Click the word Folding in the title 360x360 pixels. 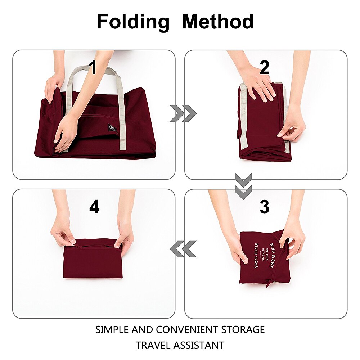click(133, 22)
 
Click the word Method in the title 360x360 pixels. click(218, 22)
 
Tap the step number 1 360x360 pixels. click(93, 67)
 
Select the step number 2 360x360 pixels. click(265, 67)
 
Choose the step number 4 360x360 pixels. click(94, 207)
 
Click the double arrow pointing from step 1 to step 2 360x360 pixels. click(183, 114)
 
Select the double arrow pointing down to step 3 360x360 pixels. click(243, 186)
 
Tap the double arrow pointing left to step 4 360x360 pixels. click(183, 249)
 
